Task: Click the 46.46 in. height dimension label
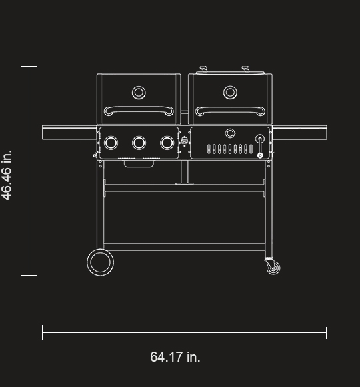click(x=7, y=175)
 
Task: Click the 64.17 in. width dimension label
click(x=175, y=357)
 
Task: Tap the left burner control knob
click(x=112, y=143)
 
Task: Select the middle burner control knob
click(x=139, y=143)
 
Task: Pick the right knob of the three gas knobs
click(x=167, y=143)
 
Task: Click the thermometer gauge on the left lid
click(x=139, y=92)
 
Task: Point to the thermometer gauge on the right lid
click(x=230, y=92)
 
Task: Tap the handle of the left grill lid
click(x=139, y=110)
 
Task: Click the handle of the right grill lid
click(x=230, y=110)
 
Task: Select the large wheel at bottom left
click(x=99, y=262)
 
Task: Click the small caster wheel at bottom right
click(x=272, y=268)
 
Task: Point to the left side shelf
click(x=69, y=133)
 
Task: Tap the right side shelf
click(x=299, y=133)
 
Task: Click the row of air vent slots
click(x=230, y=149)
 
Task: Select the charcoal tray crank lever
click(x=260, y=146)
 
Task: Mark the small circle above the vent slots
click(x=230, y=133)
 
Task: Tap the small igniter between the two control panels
click(x=185, y=143)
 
